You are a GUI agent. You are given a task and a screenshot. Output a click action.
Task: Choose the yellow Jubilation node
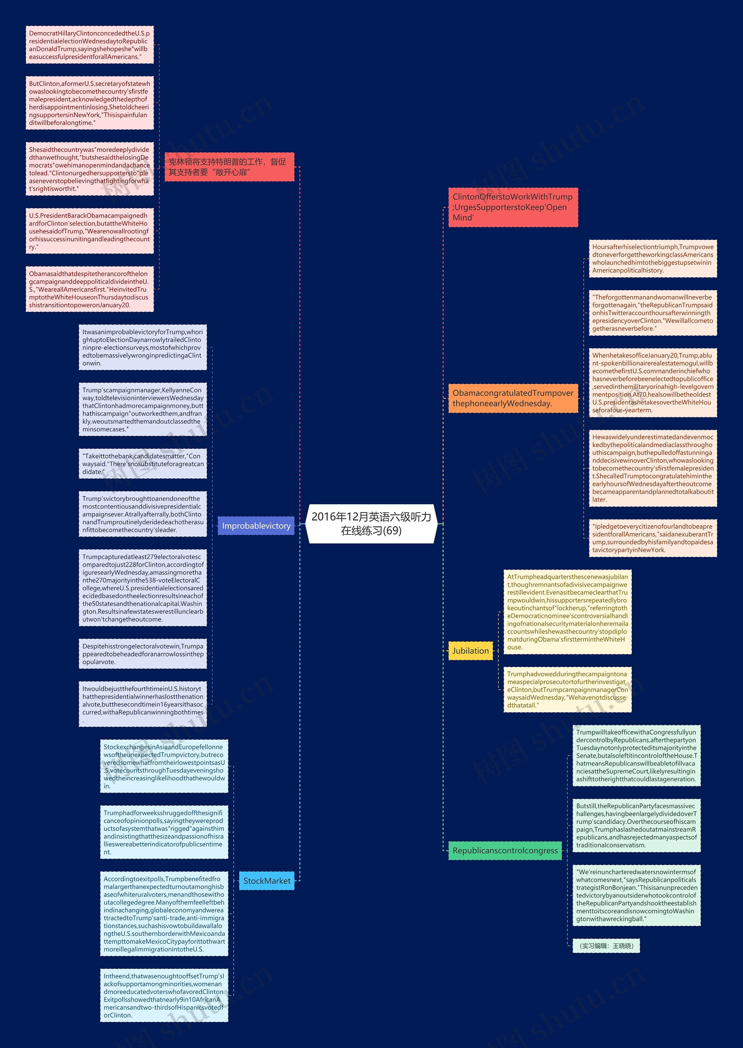470,651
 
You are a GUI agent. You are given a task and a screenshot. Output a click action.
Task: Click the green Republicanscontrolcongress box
505,850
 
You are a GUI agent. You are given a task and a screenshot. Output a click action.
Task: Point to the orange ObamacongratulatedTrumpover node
513,398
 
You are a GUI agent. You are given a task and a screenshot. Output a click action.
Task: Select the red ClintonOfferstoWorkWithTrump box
513,207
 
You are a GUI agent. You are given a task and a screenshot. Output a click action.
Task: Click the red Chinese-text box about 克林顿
229,167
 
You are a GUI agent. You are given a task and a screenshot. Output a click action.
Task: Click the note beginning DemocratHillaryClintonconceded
90,45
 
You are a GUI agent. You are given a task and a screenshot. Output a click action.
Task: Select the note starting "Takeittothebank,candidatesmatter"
143,464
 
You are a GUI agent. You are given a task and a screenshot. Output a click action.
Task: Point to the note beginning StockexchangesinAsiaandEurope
164,766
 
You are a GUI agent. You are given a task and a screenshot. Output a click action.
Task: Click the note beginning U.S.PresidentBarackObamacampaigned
90,231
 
